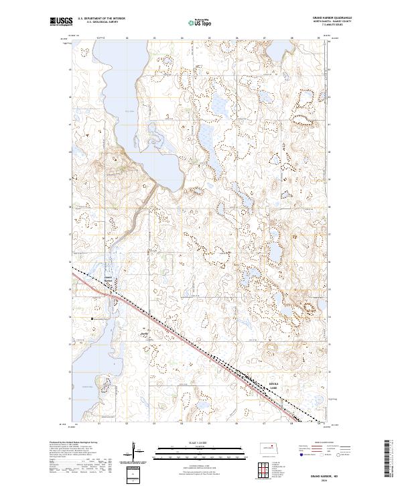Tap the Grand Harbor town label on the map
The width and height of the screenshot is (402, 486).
[109, 279]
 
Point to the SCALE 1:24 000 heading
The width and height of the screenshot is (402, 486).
[200, 442]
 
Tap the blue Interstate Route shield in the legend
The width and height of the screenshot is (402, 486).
[300, 454]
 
